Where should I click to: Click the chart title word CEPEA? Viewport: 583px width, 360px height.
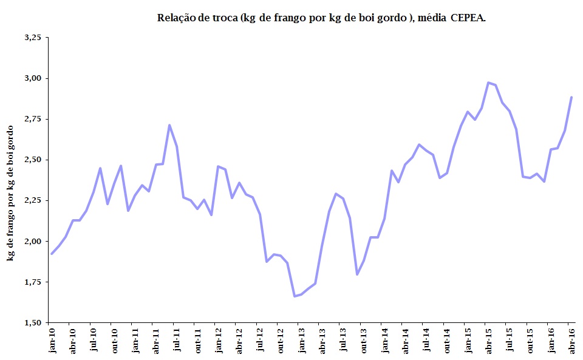tap(468, 18)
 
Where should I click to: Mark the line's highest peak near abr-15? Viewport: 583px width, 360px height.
tap(488, 83)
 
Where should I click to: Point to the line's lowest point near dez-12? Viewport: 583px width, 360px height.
tap(295, 296)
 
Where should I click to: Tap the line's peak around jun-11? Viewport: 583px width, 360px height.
tap(169, 125)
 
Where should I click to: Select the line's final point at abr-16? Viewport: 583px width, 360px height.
tap(571, 97)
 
